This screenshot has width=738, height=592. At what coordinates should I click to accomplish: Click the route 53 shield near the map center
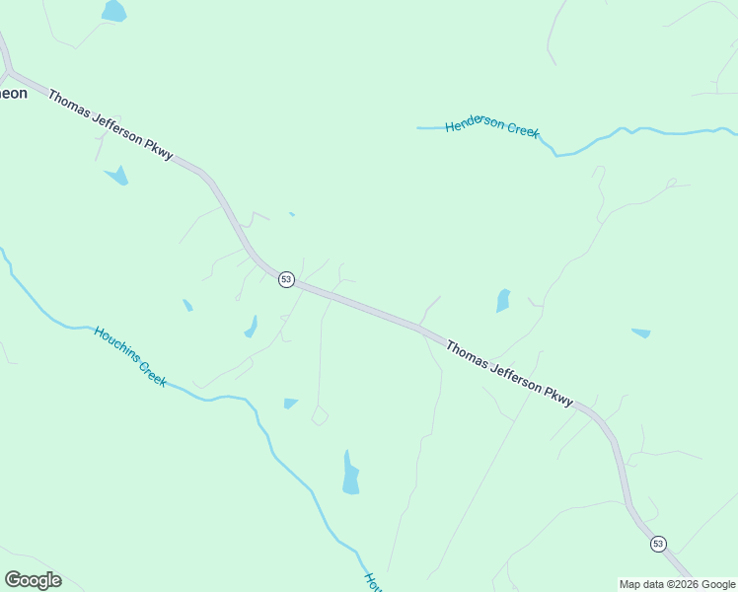(x=286, y=279)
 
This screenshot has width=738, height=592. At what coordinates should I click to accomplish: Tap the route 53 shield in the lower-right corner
(x=658, y=544)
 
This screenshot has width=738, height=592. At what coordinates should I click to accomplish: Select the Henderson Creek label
(x=492, y=127)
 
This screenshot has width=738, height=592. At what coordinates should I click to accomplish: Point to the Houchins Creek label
(x=130, y=355)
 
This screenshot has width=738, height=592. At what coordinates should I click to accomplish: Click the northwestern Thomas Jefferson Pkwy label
(x=110, y=126)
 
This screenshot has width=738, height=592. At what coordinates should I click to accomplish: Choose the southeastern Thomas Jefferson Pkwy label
(x=509, y=373)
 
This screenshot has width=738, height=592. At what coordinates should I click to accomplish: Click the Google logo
(x=33, y=580)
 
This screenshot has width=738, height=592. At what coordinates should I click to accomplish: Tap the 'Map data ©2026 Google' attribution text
(x=677, y=584)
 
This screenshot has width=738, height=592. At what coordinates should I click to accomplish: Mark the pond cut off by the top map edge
(x=113, y=11)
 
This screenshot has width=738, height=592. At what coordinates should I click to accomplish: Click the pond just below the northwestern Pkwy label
(x=118, y=176)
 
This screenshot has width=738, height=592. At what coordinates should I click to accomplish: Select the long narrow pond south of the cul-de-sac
(x=350, y=474)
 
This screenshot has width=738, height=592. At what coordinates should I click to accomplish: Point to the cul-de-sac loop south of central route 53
(x=320, y=417)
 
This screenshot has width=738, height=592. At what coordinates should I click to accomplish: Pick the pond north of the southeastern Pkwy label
(x=503, y=301)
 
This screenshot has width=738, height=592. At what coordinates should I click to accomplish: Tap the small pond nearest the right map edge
(x=641, y=333)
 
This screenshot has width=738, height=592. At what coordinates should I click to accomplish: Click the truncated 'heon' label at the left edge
(x=13, y=94)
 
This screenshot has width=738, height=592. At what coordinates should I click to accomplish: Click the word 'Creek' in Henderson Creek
(x=524, y=130)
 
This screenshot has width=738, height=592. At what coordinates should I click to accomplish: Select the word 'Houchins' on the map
(x=114, y=344)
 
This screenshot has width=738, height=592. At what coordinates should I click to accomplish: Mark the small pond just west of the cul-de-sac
(x=290, y=403)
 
